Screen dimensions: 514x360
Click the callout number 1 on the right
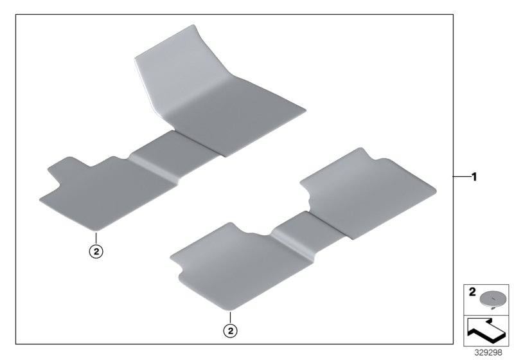(474, 177)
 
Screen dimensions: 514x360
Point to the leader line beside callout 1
(461, 177)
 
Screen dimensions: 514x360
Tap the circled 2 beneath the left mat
(96, 252)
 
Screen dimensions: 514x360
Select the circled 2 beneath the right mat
(231, 331)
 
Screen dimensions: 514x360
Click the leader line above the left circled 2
(96, 239)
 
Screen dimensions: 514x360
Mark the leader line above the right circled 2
(231, 318)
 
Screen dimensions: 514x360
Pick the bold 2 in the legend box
(472, 292)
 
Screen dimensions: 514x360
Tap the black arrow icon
(486, 330)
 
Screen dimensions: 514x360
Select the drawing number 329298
(488, 353)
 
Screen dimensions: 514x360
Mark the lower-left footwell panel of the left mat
(108, 194)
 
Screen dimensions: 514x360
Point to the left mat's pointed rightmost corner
(306, 111)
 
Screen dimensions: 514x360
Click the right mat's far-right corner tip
(436, 190)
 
